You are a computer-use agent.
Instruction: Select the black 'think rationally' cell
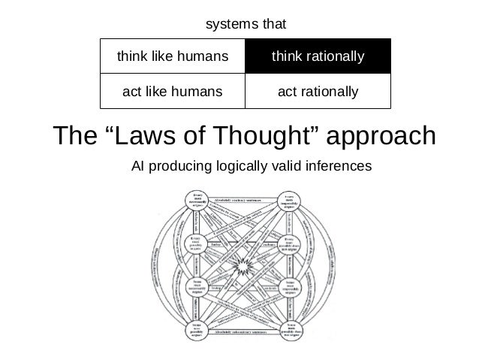(318, 56)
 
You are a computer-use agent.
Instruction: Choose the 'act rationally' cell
(318, 92)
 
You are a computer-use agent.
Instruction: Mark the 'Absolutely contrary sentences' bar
(242, 198)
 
